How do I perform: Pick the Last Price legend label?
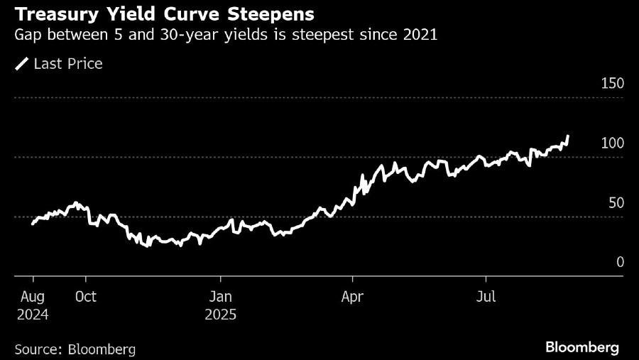click(69, 64)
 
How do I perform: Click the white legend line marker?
click(21, 65)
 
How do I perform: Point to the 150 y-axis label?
click(612, 83)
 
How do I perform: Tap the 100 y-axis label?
click(612, 143)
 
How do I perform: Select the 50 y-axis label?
click(615, 202)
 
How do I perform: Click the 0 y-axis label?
click(620, 262)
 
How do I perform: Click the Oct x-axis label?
click(85, 296)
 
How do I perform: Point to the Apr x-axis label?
click(353, 296)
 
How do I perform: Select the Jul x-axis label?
click(486, 296)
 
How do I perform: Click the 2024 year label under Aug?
click(33, 314)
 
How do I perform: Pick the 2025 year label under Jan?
click(222, 314)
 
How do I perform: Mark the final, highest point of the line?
click(568, 136)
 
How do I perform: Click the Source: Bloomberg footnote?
click(75, 349)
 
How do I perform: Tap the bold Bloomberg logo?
click(582, 347)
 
